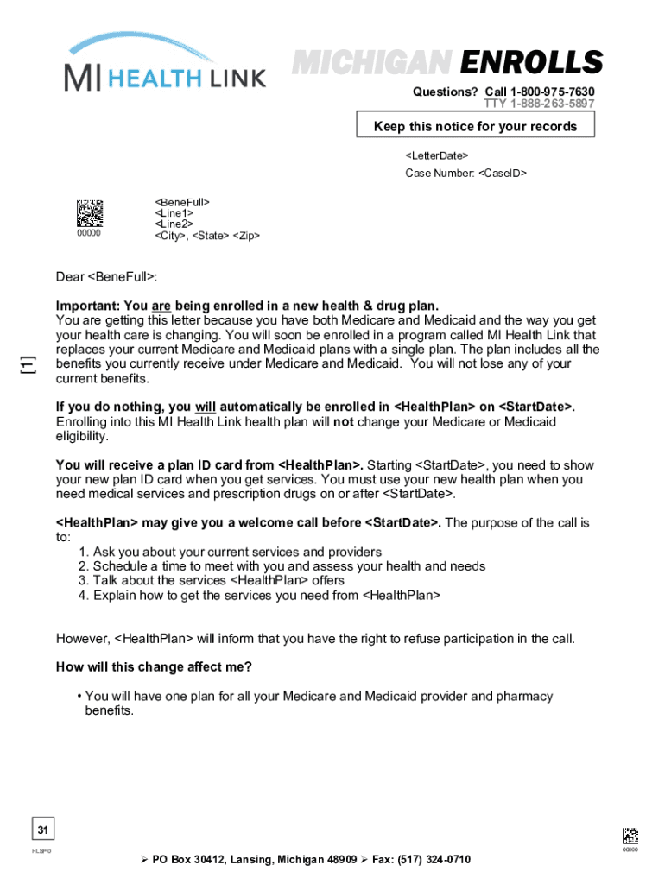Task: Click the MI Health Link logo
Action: tap(164, 65)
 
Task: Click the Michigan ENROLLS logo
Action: tap(447, 63)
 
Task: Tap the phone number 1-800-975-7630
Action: tap(553, 92)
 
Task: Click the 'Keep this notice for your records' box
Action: tap(475, 126)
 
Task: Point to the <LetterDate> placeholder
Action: tap(437, 155)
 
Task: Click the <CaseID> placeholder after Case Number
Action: tap(500, 174)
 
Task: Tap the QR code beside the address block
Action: tap(90, 213)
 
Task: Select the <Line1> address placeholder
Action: tap(174, 212)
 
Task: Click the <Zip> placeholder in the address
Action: tap(246, 236)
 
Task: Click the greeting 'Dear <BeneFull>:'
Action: tap(107, 276)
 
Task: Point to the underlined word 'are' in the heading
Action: tap(161, 306)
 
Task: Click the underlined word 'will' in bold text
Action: tap(205, 407)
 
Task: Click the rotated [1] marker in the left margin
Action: tap(29, 364)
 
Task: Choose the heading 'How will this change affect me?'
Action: tap(154, 666)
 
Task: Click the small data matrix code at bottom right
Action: tap(630, 836)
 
